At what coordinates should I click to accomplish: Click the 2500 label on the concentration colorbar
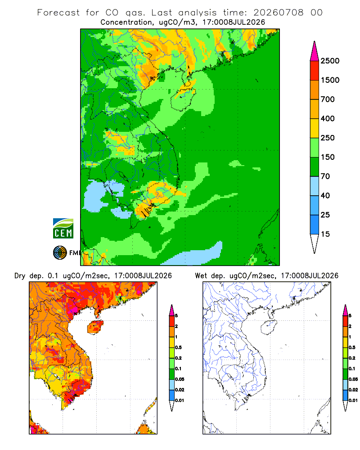click(330, 61)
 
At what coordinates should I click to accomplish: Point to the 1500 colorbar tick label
click(330, 80)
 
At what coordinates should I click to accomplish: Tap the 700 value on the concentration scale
click(328, 99)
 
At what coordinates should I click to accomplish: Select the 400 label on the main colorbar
click(328, 118)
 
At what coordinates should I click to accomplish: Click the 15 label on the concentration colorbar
click(325, 234)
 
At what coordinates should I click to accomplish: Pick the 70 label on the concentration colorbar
click(325, 176)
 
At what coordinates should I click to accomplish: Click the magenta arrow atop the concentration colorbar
click(315, 51)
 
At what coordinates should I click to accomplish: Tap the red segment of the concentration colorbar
click(315, 71)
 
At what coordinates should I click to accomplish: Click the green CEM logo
click(63, 229)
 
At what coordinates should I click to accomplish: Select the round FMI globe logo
click(60, 253)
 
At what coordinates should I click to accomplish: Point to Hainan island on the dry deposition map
click(95, 327)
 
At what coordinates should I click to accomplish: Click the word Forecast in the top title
click(58, 13)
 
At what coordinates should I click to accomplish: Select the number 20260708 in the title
click(278, 13)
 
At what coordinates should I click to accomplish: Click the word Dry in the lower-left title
click(20, 276)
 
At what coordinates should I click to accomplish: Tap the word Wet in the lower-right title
click(201, 276)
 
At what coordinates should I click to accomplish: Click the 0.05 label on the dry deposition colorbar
click(180, 379)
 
